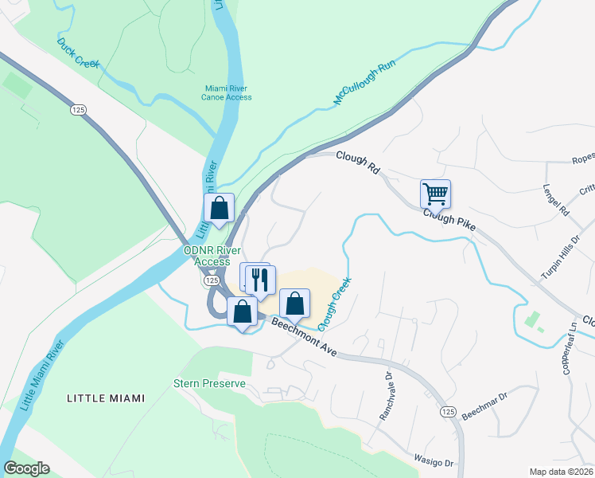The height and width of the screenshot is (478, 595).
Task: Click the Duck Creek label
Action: [x=78, y=52]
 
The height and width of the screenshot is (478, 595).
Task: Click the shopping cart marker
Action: [x=435, y=193]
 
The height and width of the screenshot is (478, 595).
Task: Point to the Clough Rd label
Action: [x=356, y=163]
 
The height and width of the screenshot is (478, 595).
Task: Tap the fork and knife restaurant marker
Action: [x=260, y=280]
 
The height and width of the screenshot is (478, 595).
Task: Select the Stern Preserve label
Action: [x=210, y=383]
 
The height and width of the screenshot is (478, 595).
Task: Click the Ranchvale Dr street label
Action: [x=387, y=398]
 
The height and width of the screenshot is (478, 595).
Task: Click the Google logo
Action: [x=26, y=468]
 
